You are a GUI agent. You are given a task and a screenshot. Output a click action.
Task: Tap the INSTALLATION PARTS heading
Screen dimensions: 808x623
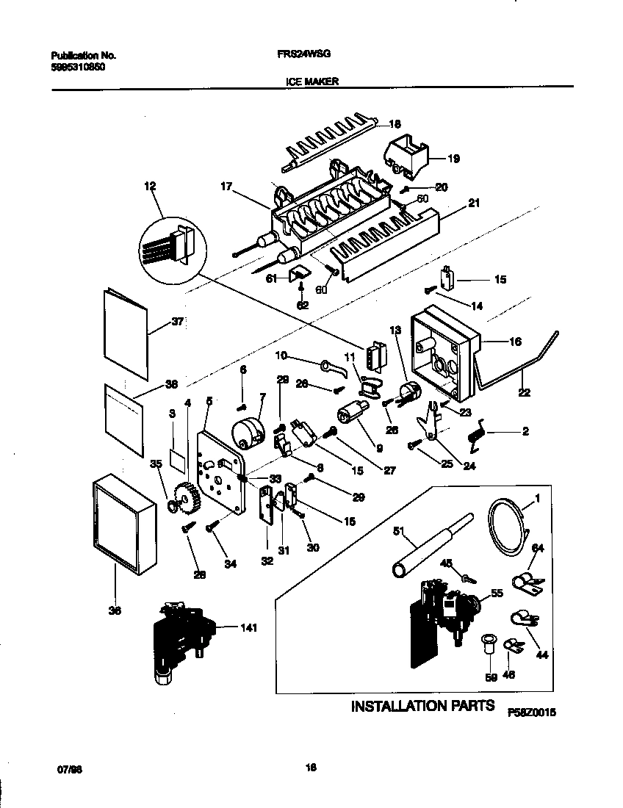click(422, 707)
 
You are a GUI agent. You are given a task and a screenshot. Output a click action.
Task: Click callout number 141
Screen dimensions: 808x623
click(251, 627)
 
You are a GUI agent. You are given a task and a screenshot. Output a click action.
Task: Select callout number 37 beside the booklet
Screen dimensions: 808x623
click(176, 321)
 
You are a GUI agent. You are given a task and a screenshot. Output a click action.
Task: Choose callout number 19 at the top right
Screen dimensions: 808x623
click(453, 158)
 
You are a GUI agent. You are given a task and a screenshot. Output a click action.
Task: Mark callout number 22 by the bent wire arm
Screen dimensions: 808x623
click(522, 393)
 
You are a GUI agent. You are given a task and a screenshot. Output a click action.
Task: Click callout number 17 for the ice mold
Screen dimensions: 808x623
click(226, 188)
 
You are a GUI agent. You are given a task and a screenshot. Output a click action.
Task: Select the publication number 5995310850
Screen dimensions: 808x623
click(79, 65)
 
